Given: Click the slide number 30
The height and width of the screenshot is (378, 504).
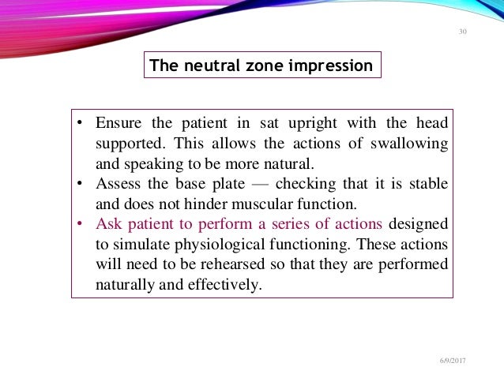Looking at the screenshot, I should pyautogui.click(x=462, y=32).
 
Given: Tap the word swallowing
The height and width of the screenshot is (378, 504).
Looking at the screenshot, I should pyautogui.click(x=409, y=144).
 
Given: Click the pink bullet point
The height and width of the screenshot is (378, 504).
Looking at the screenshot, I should pyautogui.click(x=81, y=224).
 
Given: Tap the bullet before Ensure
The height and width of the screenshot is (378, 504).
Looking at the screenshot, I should pyautogui.click(x=81, y=125).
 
